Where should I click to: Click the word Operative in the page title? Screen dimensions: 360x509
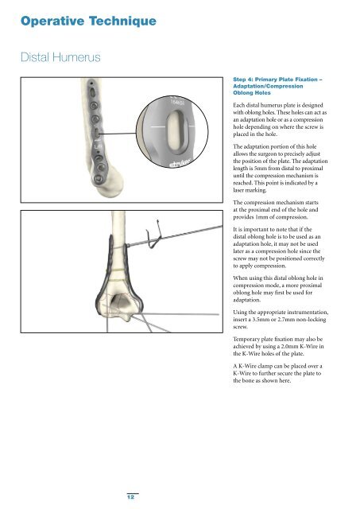tap(52, 21)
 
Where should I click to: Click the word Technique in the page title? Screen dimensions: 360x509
tap(122, 22)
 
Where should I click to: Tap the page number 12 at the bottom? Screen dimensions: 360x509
tap(130, 497)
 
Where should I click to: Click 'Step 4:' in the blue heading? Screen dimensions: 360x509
tap(242, 80)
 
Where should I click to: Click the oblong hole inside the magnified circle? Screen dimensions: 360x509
tap(175, 131)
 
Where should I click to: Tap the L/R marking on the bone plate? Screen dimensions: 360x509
tap(98, 146)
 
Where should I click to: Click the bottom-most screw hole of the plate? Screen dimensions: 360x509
tap(99, 178)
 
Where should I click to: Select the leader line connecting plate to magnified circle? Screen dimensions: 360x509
tap(118, 133)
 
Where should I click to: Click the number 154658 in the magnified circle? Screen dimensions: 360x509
tap(177, 103)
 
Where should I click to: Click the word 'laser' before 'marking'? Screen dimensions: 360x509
tap(239, 190)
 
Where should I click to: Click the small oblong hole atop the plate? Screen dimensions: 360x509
tap(92, 92)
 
